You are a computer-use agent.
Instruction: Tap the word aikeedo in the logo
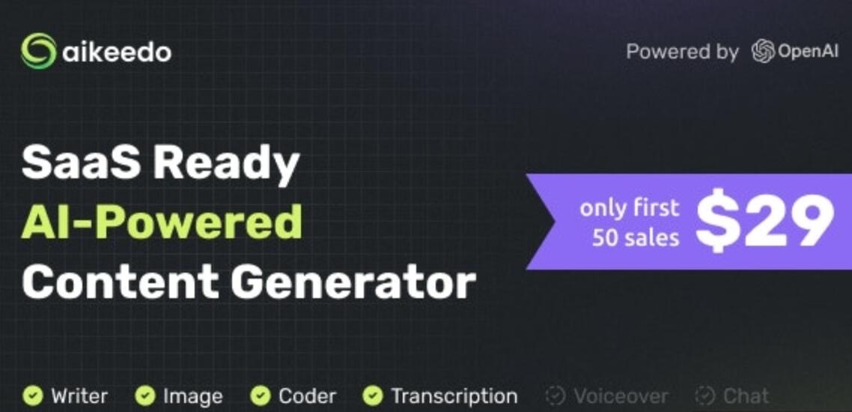coord(117,52)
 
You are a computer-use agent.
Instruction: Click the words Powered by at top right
coord(682,52)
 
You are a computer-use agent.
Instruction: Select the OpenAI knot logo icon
coord(763,52)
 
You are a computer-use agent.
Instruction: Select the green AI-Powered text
coord(162,222)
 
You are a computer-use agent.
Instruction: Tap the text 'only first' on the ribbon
coord(629,207)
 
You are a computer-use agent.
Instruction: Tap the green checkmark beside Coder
coord(260,395)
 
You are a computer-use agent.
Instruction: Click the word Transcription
coord(454,396)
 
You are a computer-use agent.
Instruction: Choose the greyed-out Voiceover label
coord(621,396)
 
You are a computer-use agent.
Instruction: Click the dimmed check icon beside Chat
coord(705,395)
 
